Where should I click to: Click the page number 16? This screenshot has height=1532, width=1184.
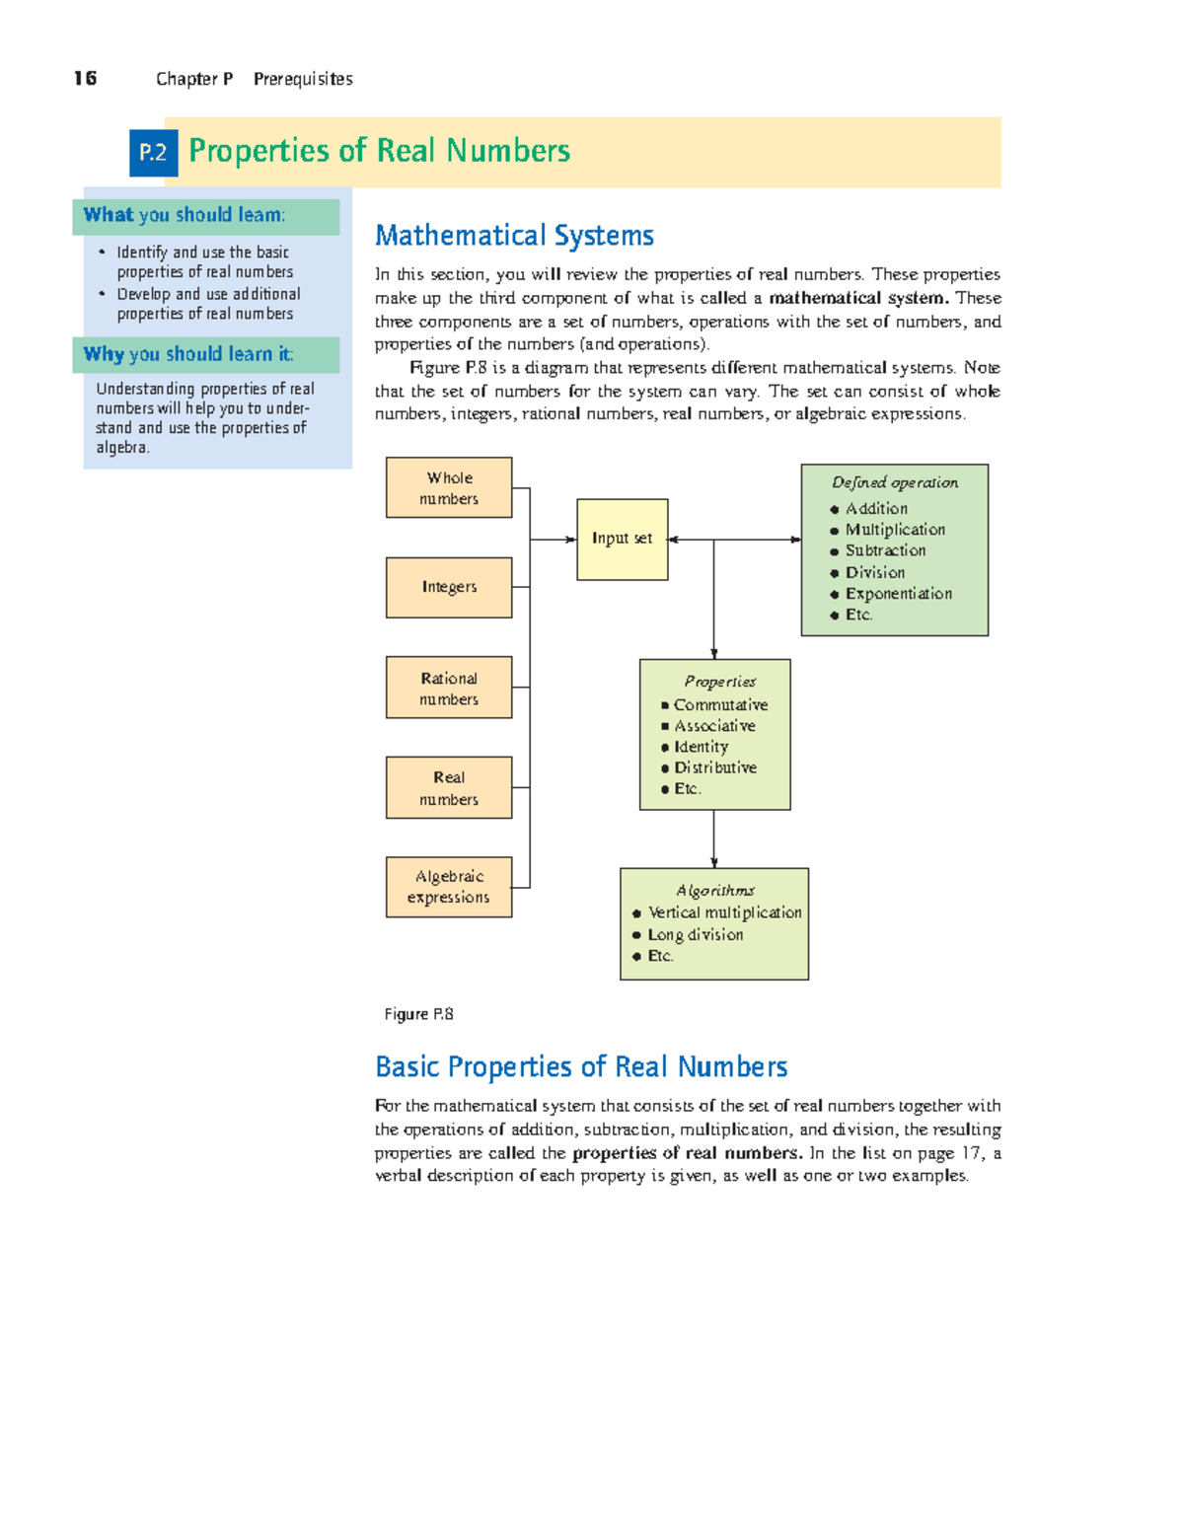point(85,79)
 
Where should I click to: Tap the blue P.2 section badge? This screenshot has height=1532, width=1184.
point(153,152)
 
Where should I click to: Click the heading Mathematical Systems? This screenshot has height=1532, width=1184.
point(514,236)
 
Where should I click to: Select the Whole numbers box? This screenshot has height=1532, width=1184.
point(449,487)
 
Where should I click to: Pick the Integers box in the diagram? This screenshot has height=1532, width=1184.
point(449,587)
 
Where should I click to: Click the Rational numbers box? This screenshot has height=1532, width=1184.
point(449,688)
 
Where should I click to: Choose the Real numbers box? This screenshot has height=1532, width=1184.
point(449,787)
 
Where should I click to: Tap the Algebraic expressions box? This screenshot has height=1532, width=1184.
point(449,887)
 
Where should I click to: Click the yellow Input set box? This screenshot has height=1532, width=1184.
point(622,539)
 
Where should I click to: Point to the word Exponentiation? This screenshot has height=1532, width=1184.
point(898,594)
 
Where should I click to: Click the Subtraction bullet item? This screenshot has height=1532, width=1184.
point(885,550)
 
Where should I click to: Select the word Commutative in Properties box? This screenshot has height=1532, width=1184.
point(720,705)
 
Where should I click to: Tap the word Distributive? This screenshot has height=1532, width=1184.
point(715,767)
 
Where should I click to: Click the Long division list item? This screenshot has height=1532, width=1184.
point(695,935)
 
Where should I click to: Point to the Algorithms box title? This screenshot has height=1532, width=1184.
point(714,891)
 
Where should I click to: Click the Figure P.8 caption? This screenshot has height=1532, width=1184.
point(418,1014)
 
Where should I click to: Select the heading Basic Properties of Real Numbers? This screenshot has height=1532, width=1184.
point(581,1067)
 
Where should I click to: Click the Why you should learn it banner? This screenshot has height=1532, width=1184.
point(205,355)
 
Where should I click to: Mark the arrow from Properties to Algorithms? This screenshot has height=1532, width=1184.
point(713,839)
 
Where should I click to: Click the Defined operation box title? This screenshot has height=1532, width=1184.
point(894,483)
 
